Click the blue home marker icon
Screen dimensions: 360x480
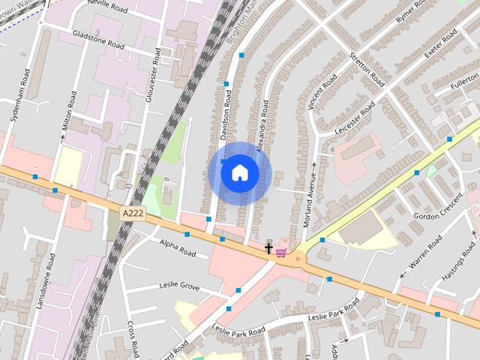pyautogui.click(x=240, y=173)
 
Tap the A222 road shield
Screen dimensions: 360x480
pyautogui.click(x=133, y=214)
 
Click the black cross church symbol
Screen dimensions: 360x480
pyautogui.click(x=268, y=247)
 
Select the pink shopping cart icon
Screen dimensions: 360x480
pyautogui.click(x=281, y=252)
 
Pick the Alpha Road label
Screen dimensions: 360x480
pyautogui.click(x=178, y=247)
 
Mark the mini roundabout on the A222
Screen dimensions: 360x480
pyautogui.click(x=298, y=259)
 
